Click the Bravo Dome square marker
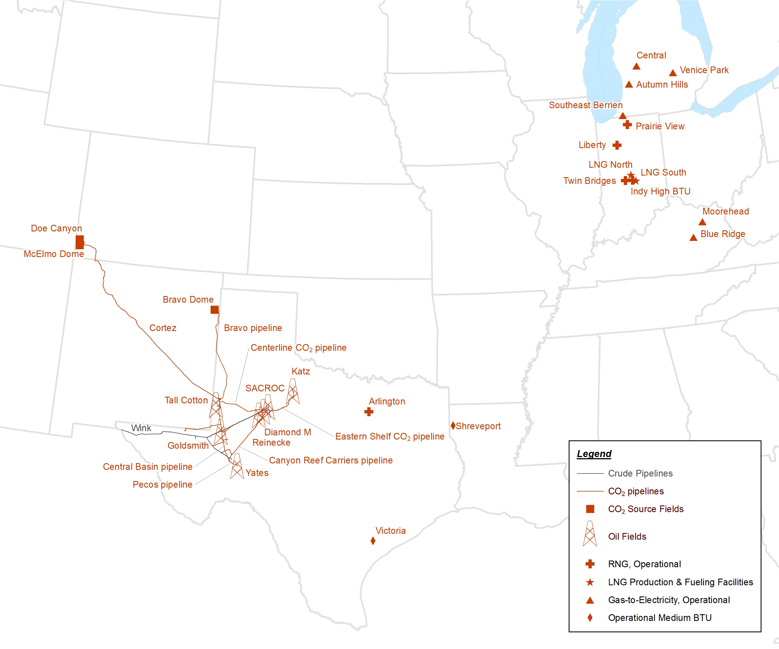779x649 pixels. pos(215,310)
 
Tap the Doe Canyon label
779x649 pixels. pos(56,228)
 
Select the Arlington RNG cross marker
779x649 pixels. pos(369,412)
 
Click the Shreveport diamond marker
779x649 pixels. pos(453,426)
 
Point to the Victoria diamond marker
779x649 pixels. pos(373,541)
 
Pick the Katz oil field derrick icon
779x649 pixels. pos(293,392)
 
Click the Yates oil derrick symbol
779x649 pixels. pos(237,466)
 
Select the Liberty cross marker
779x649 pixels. pos(617,145)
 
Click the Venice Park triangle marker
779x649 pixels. pos(672,73)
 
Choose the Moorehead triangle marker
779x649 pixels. pos(702,222)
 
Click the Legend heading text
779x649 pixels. pos(594,454)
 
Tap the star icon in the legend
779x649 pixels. pos(590,582)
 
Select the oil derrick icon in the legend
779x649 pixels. pos(590,534)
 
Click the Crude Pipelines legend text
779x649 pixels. pos(640,473)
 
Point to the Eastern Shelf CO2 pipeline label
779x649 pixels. pos(389,436)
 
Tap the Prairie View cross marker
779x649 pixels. pos(627,125)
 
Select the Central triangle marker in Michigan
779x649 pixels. pos(637,66)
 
